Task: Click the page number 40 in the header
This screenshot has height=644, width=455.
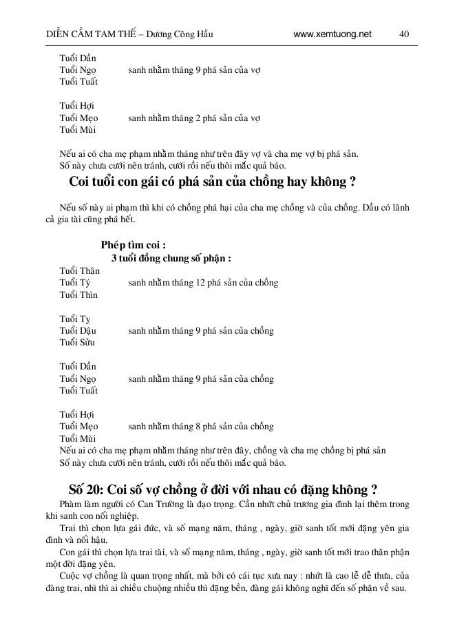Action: point(404,34)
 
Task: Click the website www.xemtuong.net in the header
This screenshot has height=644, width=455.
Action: point(332,34)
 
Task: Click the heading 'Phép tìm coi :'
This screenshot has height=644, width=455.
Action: point(133,245)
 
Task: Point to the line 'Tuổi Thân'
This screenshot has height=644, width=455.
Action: point(79,271)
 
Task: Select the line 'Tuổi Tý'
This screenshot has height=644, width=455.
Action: point(74,283)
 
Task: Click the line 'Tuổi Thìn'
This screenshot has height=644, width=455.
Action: point(78,295)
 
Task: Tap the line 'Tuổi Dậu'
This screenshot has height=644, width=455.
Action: point(77,331)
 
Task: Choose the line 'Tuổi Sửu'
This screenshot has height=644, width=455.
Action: point(77,343)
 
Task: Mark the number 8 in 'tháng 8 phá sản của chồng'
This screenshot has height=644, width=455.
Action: point(198,427)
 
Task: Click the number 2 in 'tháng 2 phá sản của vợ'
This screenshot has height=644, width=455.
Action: point(198,118)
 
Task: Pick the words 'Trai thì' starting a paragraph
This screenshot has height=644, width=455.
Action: point(75,528)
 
